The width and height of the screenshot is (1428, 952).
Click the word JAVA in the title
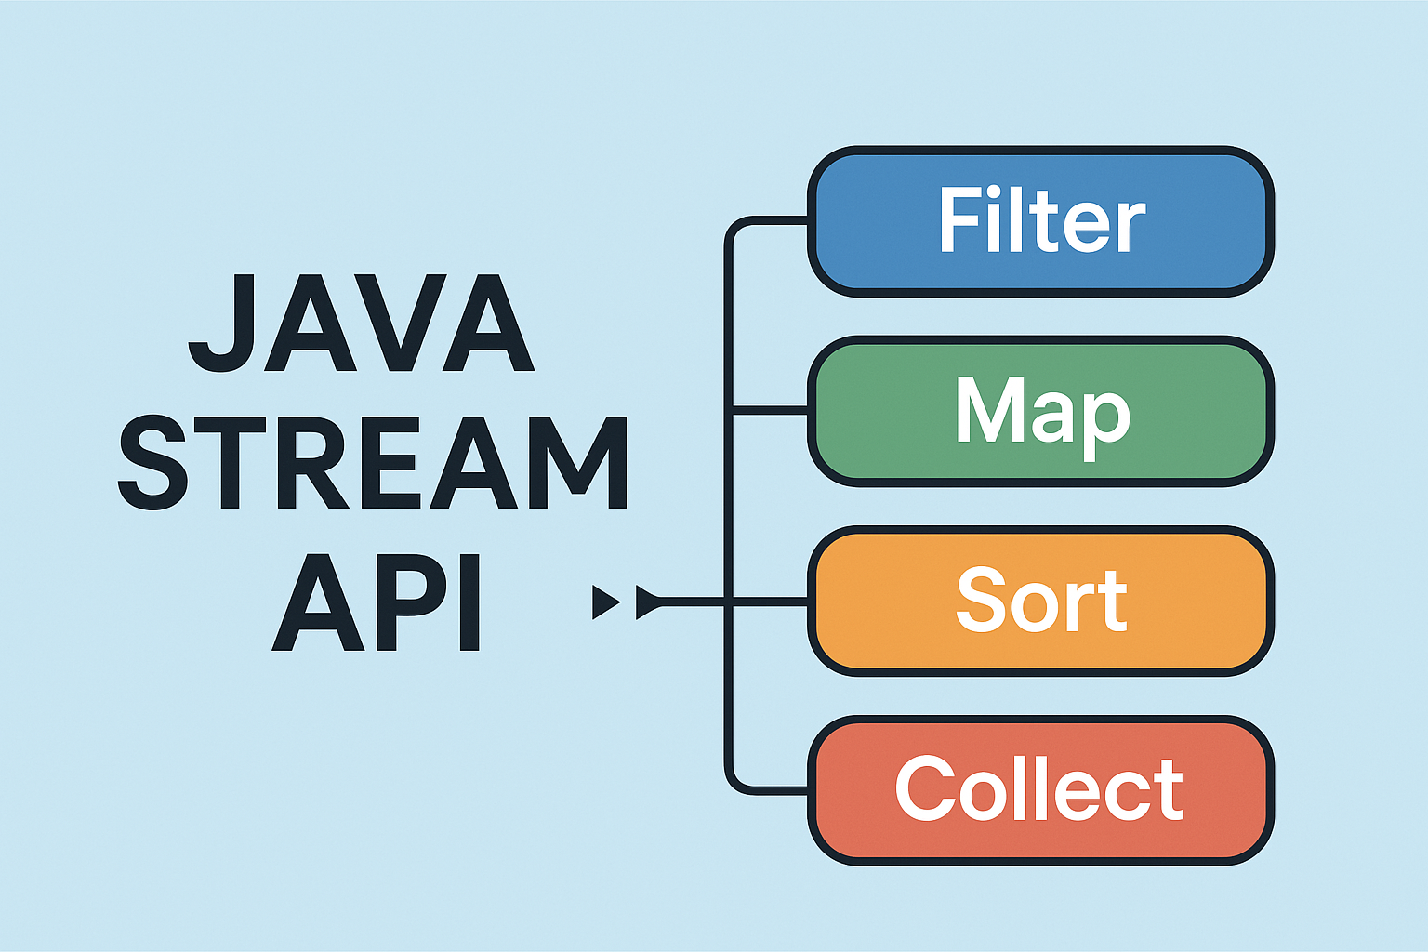pyautogui.click(x=363, y=324)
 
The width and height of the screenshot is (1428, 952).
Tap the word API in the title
pyautogui.click(x=377, y=602)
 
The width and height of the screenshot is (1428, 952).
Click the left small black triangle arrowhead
pyautogui.click(x=604, y=602)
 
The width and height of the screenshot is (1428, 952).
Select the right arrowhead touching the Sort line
pyautogui.click(x=648, y=602)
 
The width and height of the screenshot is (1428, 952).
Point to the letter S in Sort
pyautogui.click(x=980, y=601)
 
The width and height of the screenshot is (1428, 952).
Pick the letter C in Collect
pyautogui.click(x=926, y=787)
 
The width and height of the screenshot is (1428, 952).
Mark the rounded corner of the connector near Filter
pyautogui.click(x=734, y=229)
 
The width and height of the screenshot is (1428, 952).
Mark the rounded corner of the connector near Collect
pyautogui.click(x=734, y=783)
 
